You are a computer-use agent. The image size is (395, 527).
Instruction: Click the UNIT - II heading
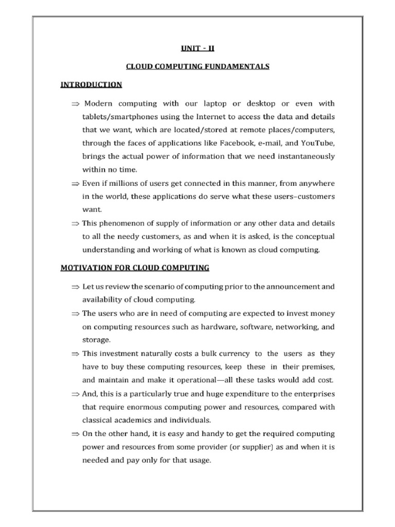click(198, 48)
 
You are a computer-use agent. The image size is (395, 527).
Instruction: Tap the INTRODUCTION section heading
click(91, 84)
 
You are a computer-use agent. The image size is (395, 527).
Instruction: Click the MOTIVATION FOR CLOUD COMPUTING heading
click(135, 268)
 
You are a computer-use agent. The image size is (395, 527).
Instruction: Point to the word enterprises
click(310, 393)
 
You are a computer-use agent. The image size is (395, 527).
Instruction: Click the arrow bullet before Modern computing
click(76, 103)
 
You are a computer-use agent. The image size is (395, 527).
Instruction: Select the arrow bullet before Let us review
click(76, 286)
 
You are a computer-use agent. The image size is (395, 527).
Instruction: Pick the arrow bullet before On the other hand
click(76, 433)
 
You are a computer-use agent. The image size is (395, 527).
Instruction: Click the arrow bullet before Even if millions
click(76, 183)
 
